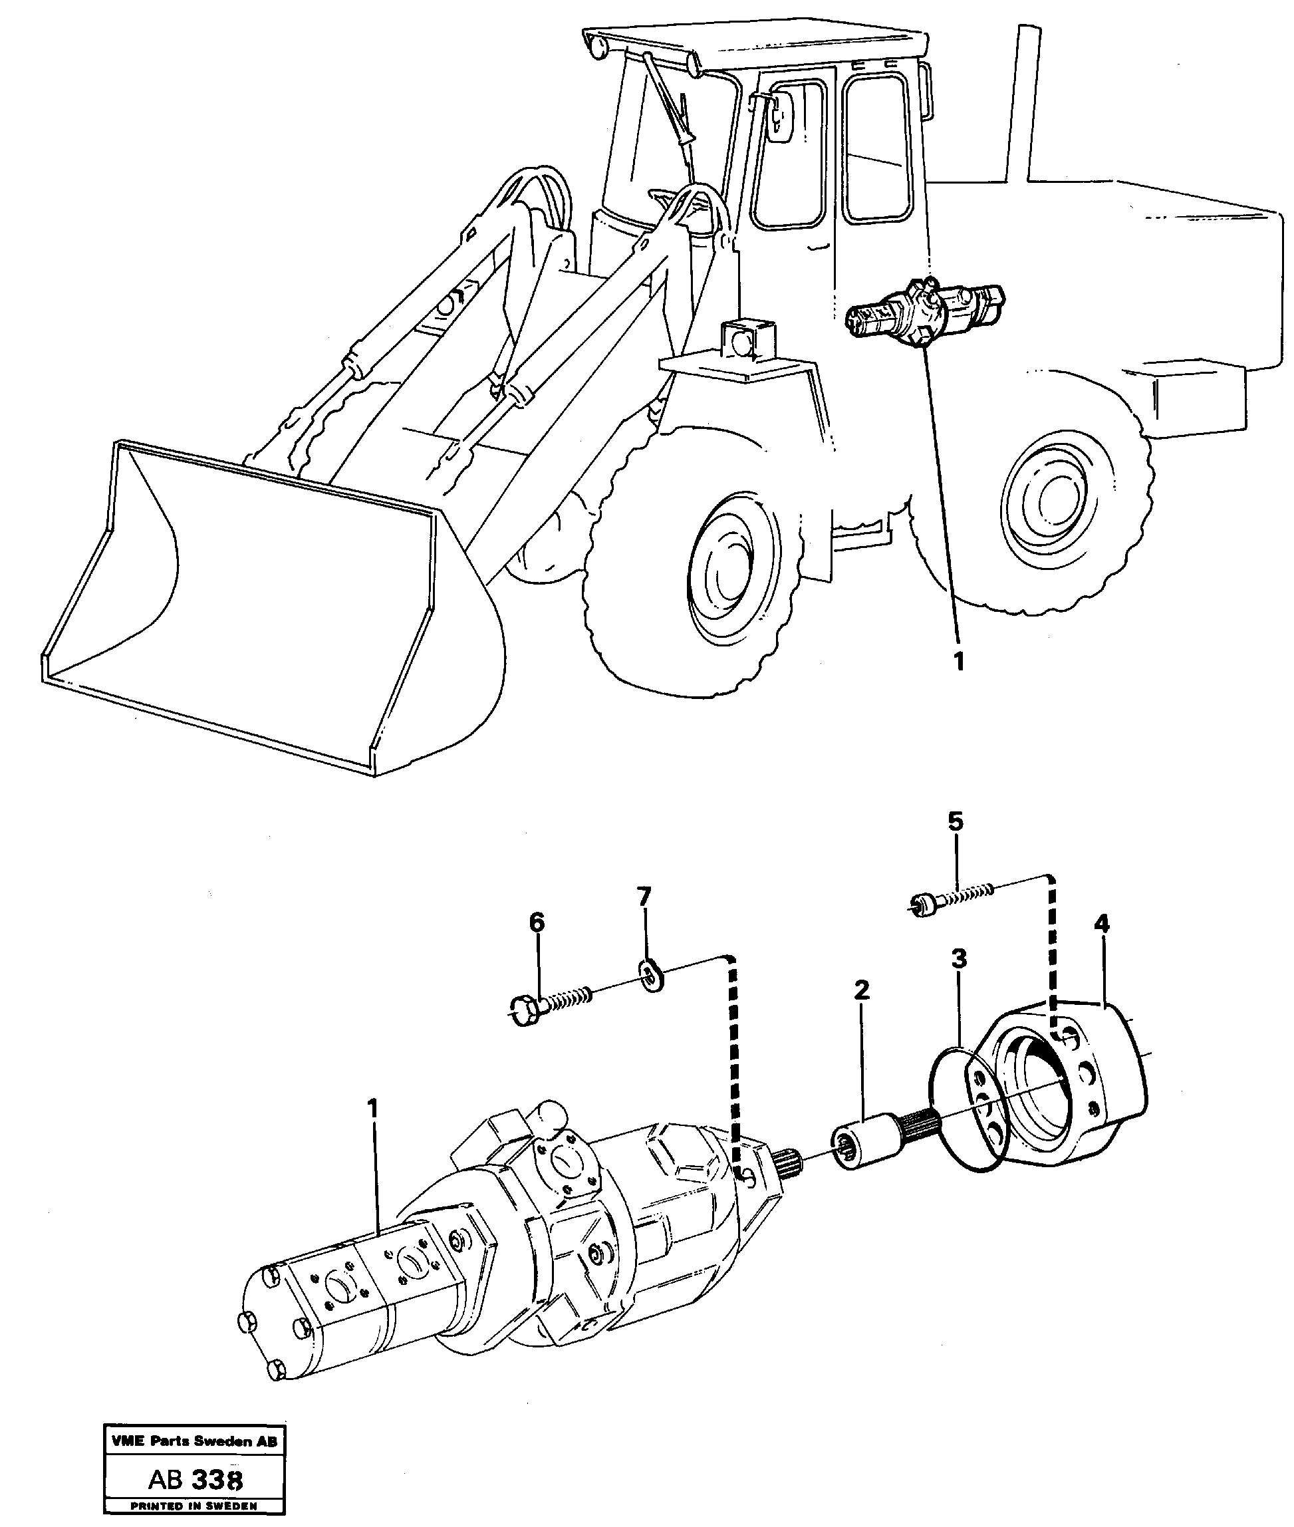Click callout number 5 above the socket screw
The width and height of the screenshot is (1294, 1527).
tap(955, 822)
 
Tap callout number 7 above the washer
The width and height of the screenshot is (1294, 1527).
tap(643, 897)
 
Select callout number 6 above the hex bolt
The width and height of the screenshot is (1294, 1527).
tap(538, 923)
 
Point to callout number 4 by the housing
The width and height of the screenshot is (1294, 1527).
tap(1101, 924)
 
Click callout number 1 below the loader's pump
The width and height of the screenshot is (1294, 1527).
tap(958, 661)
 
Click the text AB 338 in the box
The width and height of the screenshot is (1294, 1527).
tap(195, 1480)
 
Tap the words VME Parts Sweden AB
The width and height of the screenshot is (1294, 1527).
tap(194, 1441)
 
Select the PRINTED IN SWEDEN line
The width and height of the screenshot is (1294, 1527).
tap(194, 1506)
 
